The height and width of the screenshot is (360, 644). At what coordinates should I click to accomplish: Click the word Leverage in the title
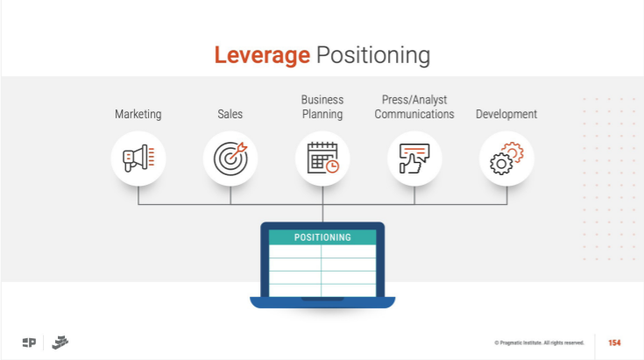262,55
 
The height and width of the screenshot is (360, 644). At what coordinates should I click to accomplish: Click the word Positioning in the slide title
373,55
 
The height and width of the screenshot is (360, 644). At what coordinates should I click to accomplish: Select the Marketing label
138,114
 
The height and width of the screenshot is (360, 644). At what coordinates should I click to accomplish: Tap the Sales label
230,114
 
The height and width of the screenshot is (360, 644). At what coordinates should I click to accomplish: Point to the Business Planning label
322,107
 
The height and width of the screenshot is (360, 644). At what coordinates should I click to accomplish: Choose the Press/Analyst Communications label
414,107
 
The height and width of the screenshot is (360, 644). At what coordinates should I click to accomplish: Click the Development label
506,114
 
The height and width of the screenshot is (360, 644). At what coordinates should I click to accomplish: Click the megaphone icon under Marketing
138,158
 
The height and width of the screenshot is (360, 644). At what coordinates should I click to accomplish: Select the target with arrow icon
230,158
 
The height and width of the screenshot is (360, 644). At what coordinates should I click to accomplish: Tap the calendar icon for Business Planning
322,158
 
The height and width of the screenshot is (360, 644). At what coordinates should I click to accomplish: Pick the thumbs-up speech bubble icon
414,159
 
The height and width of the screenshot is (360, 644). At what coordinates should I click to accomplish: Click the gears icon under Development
506,158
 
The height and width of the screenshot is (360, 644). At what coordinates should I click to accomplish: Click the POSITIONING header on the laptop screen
322,237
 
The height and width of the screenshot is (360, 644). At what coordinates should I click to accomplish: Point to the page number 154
614,342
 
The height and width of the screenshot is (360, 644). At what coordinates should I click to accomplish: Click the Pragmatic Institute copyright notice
539,342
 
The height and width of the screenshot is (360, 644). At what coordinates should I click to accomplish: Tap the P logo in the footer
29,342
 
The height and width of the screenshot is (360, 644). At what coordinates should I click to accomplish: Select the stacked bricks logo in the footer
60,342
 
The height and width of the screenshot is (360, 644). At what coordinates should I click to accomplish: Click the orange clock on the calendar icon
332,166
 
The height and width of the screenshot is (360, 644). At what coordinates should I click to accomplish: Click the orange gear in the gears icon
513,151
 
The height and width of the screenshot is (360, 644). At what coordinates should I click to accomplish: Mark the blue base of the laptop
322,302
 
